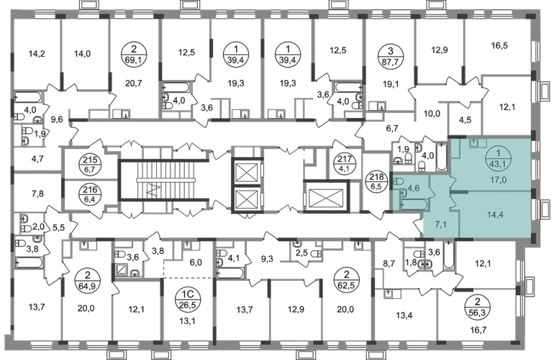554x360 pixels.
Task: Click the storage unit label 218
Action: pos(376,181)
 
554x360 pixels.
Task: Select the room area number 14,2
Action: pos(37,54)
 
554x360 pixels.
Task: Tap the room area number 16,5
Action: pos(499,45)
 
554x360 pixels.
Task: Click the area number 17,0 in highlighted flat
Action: pos(498,180)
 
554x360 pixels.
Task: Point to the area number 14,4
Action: pos(495,214)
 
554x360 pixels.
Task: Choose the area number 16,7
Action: pos(478,330)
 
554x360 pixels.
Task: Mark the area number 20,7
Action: pos(133,83)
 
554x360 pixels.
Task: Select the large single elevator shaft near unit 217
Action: pos(326,197)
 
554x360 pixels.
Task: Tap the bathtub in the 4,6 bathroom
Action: pos(414,204)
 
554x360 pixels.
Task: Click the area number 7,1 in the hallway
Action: pos(440,223)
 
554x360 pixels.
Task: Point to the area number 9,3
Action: pos(267,259)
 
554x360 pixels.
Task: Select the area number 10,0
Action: pos(432,114)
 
